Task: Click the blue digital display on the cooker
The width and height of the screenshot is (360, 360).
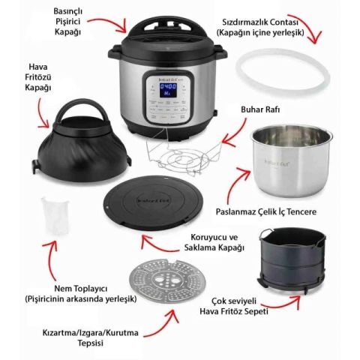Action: click(168, 90)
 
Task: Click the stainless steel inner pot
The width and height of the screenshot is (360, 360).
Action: click(292, 160)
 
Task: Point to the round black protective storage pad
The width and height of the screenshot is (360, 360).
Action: click(153, 202)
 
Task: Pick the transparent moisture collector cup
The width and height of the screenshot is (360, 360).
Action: click(55, 215)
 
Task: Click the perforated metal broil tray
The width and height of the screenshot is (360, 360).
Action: click(167, 280)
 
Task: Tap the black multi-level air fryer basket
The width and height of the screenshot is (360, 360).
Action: click(292, 260)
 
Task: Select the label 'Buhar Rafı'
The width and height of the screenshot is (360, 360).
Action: click(260, 109)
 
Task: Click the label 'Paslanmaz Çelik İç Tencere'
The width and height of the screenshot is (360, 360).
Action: click(266, 211)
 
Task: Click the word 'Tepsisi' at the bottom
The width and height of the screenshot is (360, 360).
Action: click(91, 343)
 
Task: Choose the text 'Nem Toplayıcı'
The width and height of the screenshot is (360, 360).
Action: click(81, 289)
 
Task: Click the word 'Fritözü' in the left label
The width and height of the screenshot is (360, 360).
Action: click(38, 77)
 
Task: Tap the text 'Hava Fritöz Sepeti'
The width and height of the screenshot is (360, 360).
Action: click(234, 311)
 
